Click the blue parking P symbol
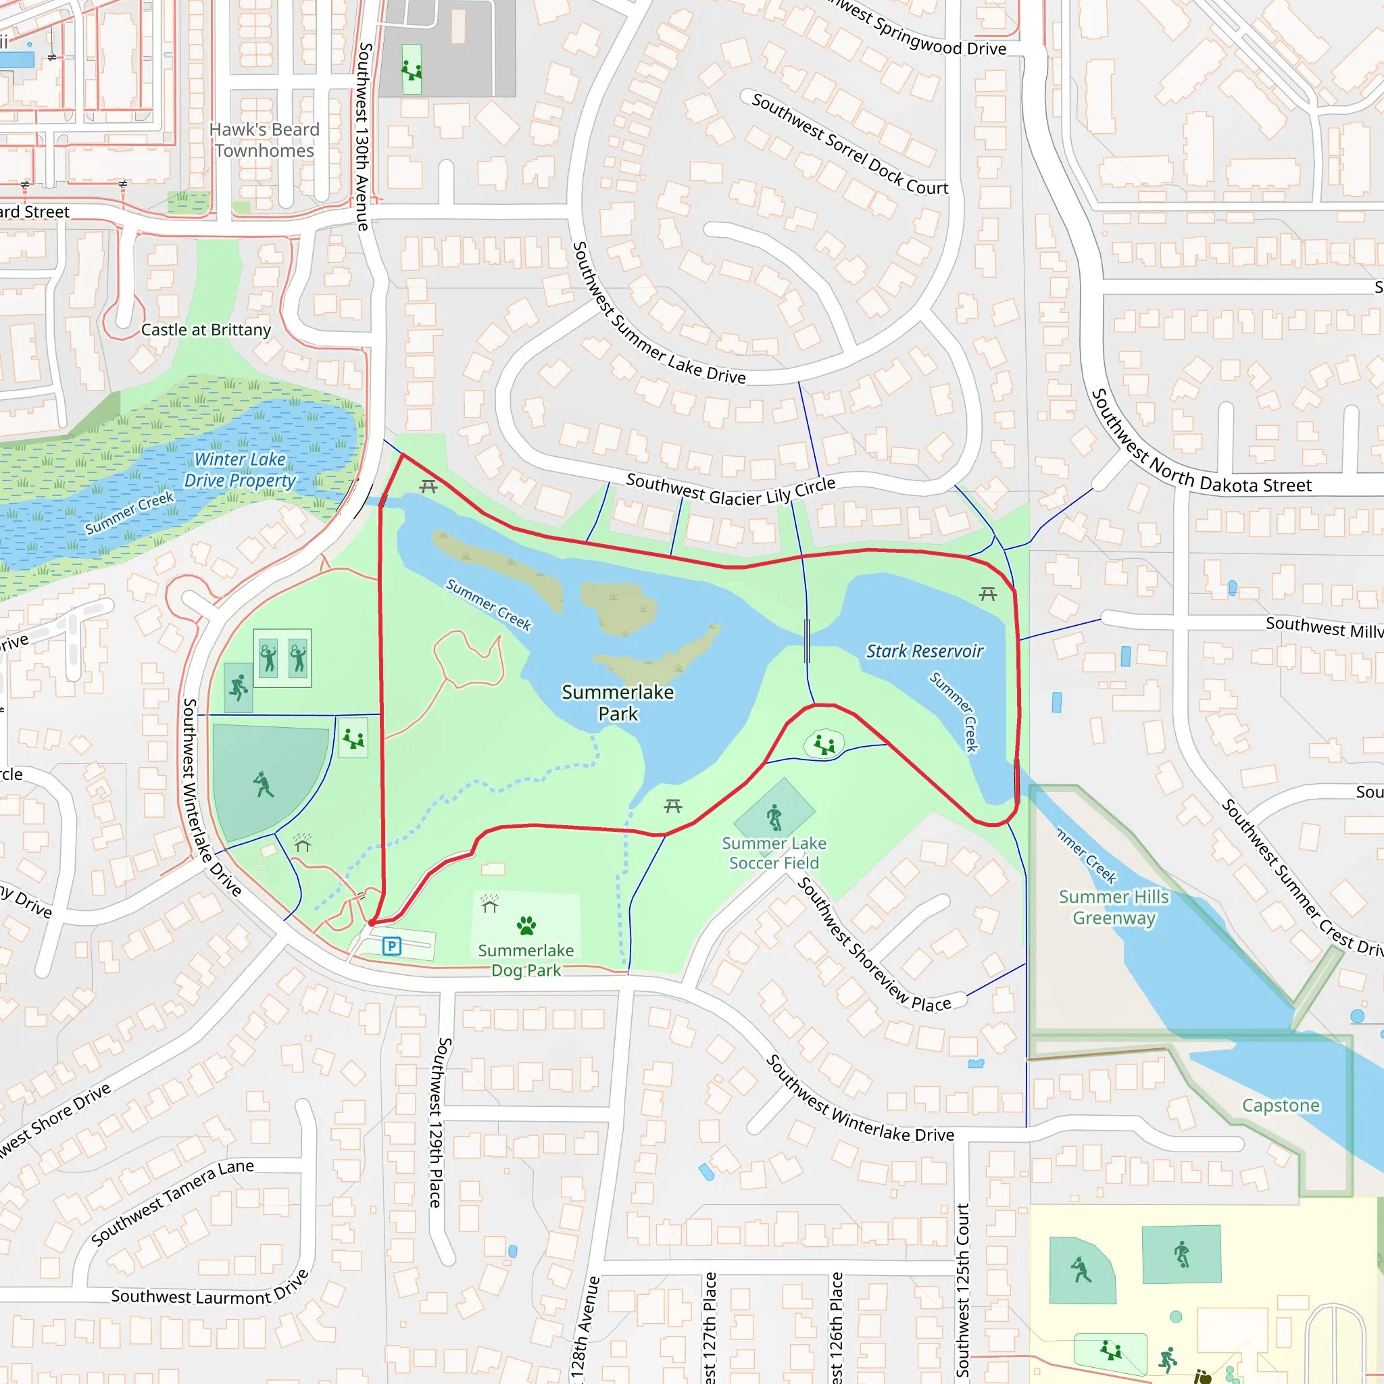391,946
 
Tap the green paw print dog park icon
526,926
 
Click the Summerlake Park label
618,703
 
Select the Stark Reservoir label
924,651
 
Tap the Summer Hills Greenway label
1114,907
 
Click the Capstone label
1281,1106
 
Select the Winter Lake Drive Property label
239,470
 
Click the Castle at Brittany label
206,330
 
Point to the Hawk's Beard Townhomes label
264,140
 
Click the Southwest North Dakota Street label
1201,444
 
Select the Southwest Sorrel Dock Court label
849,144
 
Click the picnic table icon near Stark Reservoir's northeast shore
988,594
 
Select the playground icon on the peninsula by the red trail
824,745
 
